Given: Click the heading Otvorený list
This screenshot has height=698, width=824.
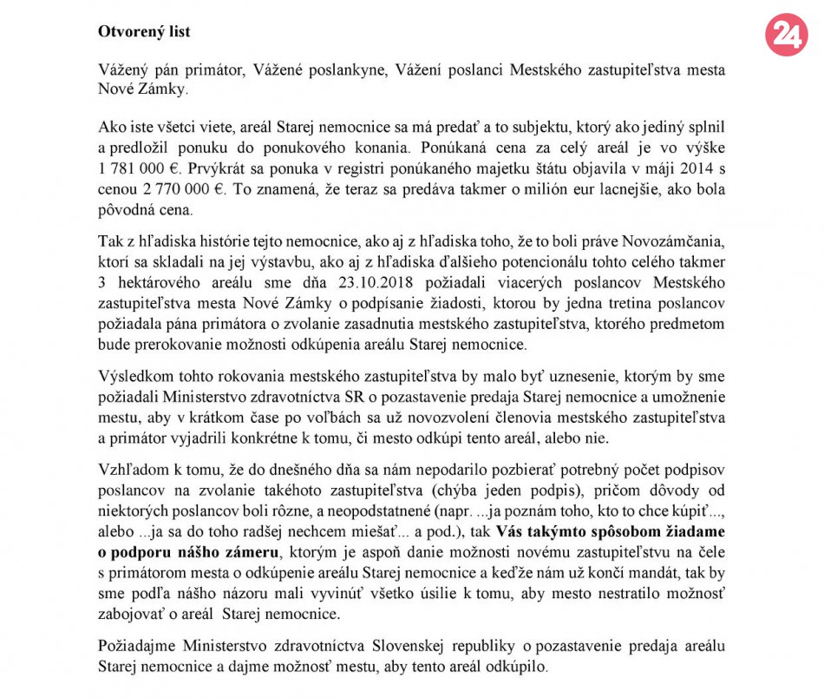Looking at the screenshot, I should [143, 32].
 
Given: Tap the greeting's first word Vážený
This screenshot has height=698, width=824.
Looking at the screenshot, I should [124, 70].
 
